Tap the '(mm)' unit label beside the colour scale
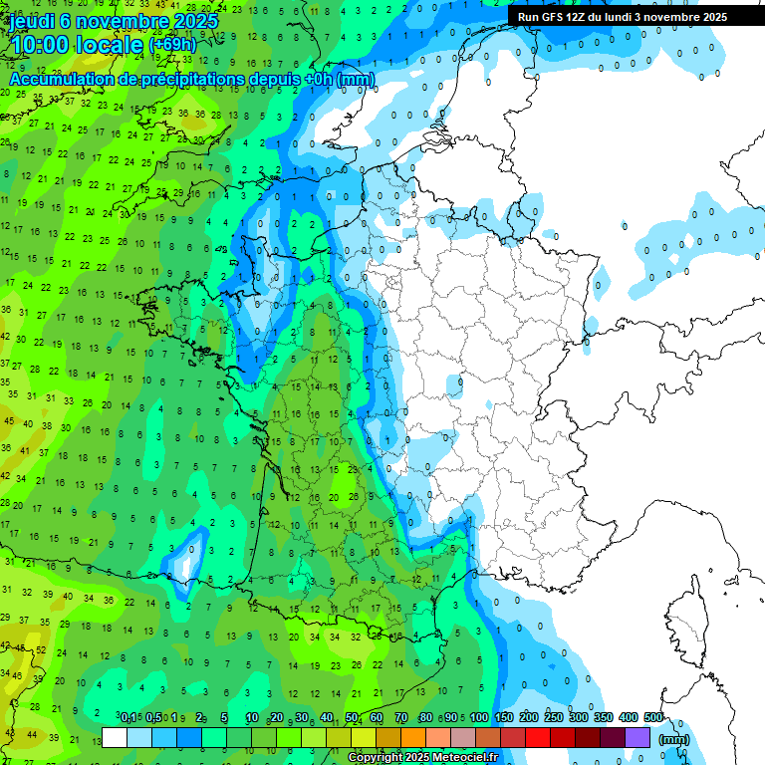coord(674,739)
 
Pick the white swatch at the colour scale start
coord(115,738)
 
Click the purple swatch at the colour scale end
coord(637,738)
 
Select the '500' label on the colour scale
coord(653,717)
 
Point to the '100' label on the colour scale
coord(479,717)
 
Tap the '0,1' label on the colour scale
coord(128,717)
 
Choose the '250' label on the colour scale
coord(554,717)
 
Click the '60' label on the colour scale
coord(377,717)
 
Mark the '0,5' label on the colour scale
coord(153,717)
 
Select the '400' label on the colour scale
coord(629,717)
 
